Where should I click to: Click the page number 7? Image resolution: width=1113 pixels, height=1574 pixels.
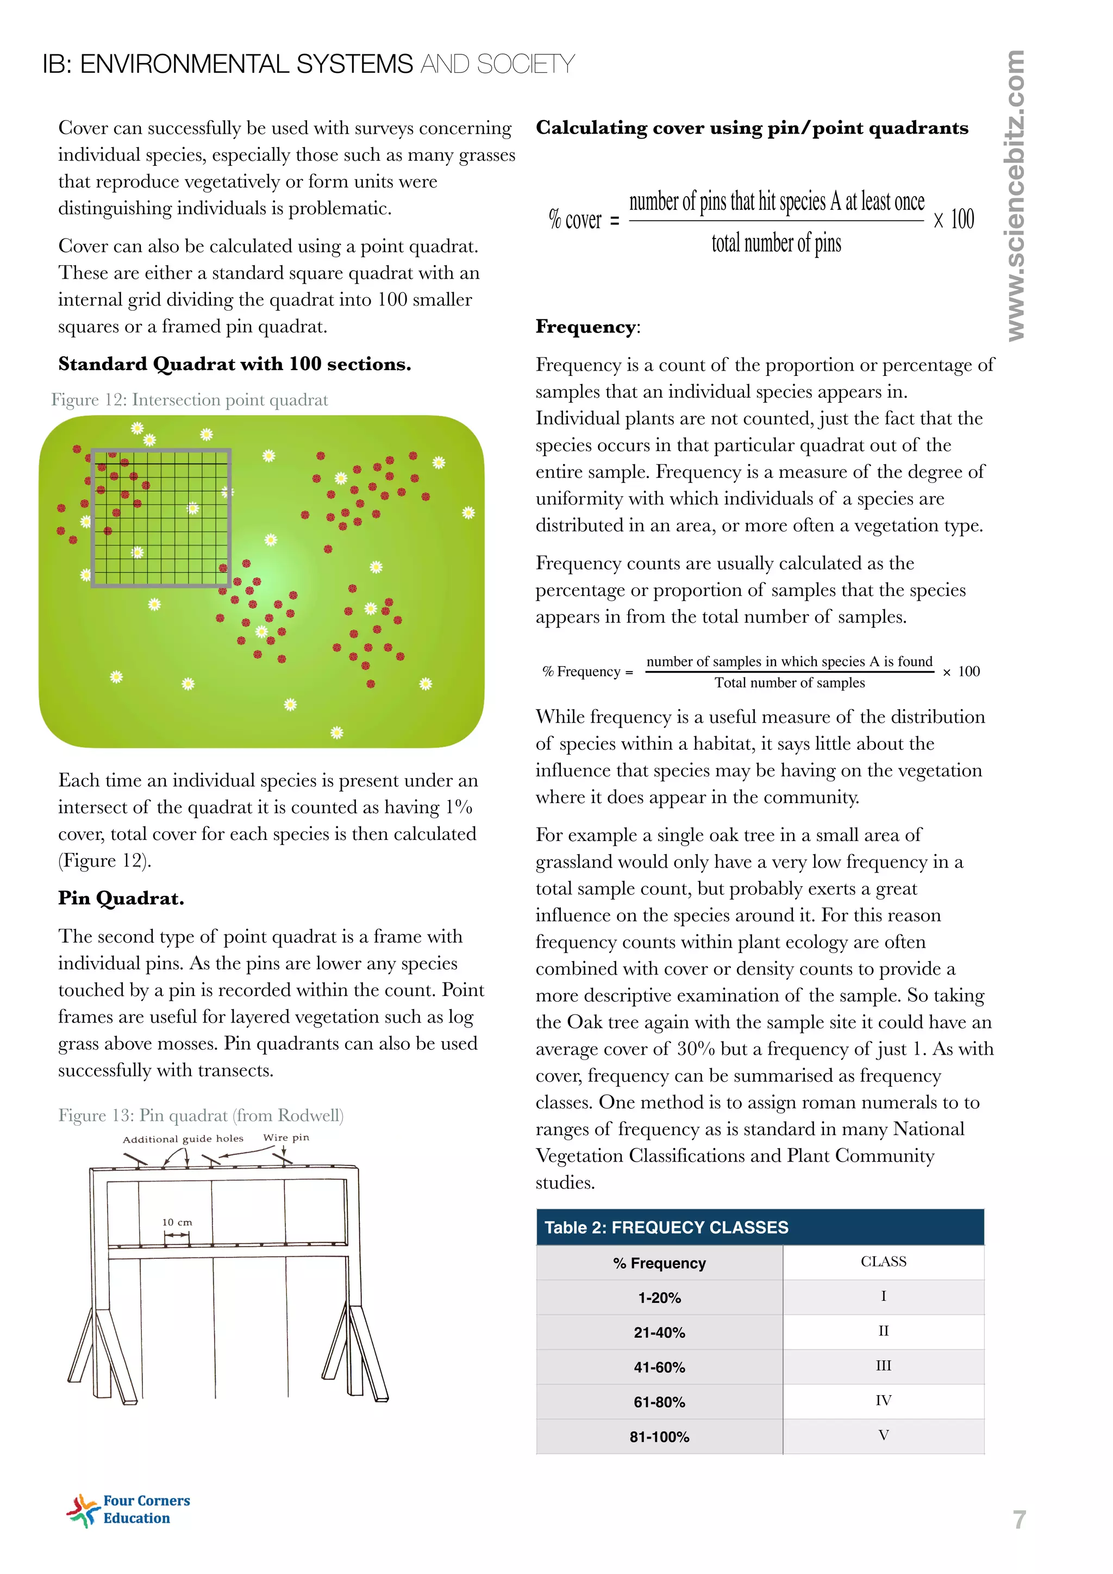pyautogui.click(x=1019, y=1519)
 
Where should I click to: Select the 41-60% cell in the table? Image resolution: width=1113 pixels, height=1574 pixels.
pyautogui.click(x=659, y=1367)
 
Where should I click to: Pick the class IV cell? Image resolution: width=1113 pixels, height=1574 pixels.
pyautogui.click(x=883, y=1400)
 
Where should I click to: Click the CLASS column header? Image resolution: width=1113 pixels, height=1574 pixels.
pyautogui.click(x=883, y=1262)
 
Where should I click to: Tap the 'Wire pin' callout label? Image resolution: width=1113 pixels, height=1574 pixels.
pyautogui.click(x=286, y=1137)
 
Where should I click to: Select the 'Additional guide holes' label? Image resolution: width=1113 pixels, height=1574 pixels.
pyautogui.click(x=183, y=1139)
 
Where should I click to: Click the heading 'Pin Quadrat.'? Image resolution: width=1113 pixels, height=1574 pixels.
pyautogui.click(x=121, y=898)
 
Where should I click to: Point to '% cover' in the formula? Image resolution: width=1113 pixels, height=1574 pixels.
pyautogui.click(x=574, y=220)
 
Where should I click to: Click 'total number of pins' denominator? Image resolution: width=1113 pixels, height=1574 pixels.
pyautogui.click(x=776, y=243)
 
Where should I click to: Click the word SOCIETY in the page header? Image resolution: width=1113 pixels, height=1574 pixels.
pyautogui.click(x=526, y=65)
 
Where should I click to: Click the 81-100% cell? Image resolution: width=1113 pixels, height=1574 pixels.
pyautogui.click(x=659, y=1436)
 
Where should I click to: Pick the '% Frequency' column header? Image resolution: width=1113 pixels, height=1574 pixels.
pyautogui.click(x=659, y=1263)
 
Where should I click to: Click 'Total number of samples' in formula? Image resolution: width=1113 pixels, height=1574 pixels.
pyautogui.click(x=789, y=683)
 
